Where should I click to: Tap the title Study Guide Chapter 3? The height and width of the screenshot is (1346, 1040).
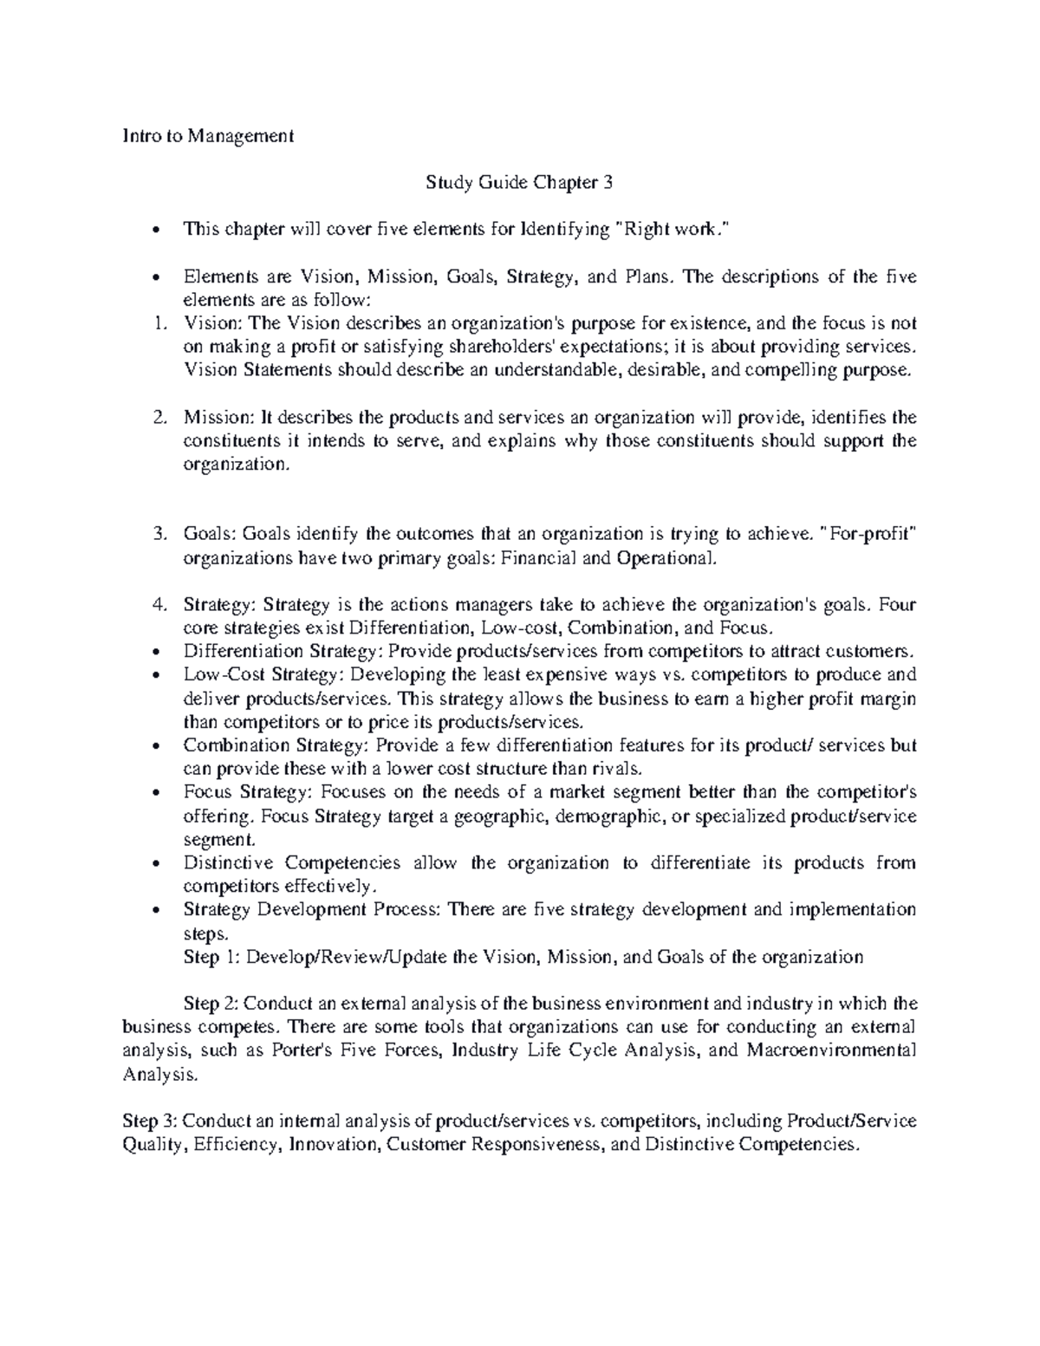pos(518,183)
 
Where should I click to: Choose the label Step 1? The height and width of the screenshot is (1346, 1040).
pos(213,957)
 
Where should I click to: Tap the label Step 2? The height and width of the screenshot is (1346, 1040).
pos(213,1004)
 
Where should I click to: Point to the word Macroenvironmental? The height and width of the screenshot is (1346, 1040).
pos(829,1050)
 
